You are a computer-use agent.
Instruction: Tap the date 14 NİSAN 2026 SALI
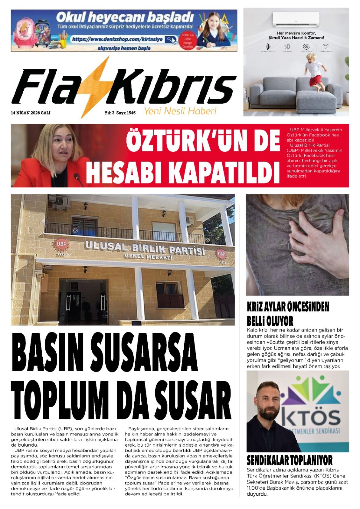click(31, 113)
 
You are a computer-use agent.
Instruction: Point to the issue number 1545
click(131, 113)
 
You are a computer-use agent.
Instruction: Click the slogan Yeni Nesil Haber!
click(180, 111)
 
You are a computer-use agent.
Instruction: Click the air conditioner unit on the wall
click(296, 19)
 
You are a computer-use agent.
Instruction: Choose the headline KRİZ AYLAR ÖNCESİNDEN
click(288, 307)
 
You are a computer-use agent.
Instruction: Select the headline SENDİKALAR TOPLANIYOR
click(290, 460)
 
